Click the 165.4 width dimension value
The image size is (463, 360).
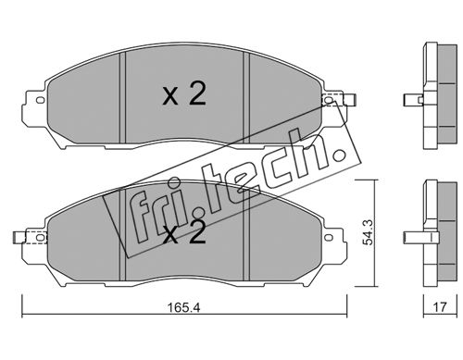point(183,307)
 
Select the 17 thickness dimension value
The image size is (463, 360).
point(440,307)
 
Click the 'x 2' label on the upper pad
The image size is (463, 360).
point(184,94)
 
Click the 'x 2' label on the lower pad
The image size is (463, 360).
point(184,232)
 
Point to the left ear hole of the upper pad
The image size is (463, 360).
point(41,100)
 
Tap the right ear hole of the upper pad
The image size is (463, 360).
point(329,100)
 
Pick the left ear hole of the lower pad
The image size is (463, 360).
point(41,238)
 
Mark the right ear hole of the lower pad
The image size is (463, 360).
point(329,238)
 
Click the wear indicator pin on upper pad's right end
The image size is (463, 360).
point(350,100)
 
